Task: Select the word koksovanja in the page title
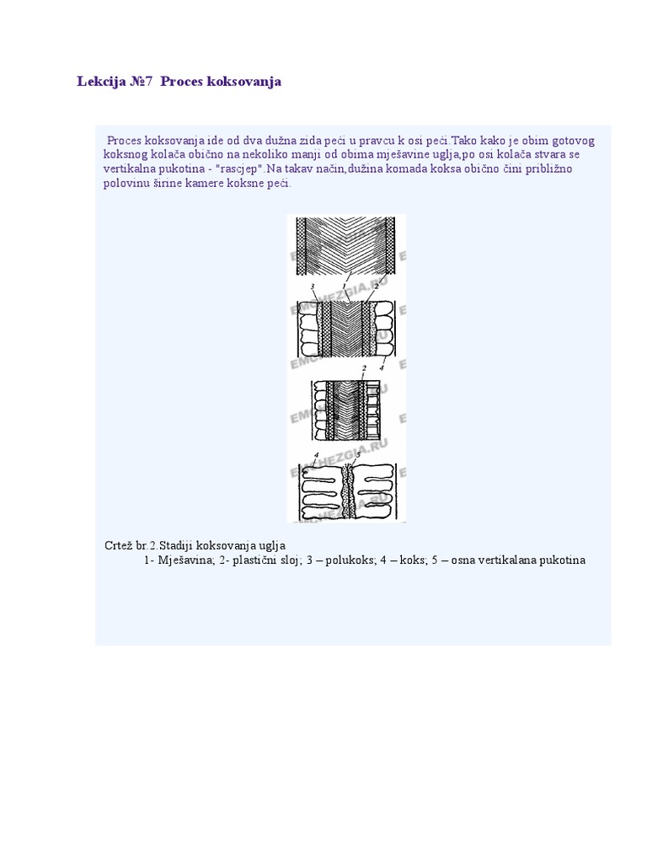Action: (x=243, y=82)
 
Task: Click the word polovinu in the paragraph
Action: (x=126, y=183)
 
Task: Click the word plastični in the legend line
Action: (x=257, y=560)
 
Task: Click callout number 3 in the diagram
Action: (x=312, y=287)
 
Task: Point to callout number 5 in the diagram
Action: (x=357, y=455)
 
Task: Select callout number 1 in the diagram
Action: (x=345, y=285)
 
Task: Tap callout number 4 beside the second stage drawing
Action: (x=382, y=367)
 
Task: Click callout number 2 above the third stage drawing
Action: (x=363, y=369)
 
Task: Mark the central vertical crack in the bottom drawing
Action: (x=347, y=493)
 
